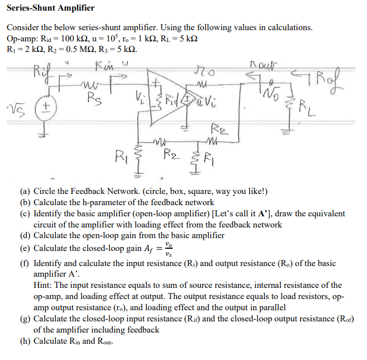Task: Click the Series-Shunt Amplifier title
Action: pyautogui.click(x=51, y=8)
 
